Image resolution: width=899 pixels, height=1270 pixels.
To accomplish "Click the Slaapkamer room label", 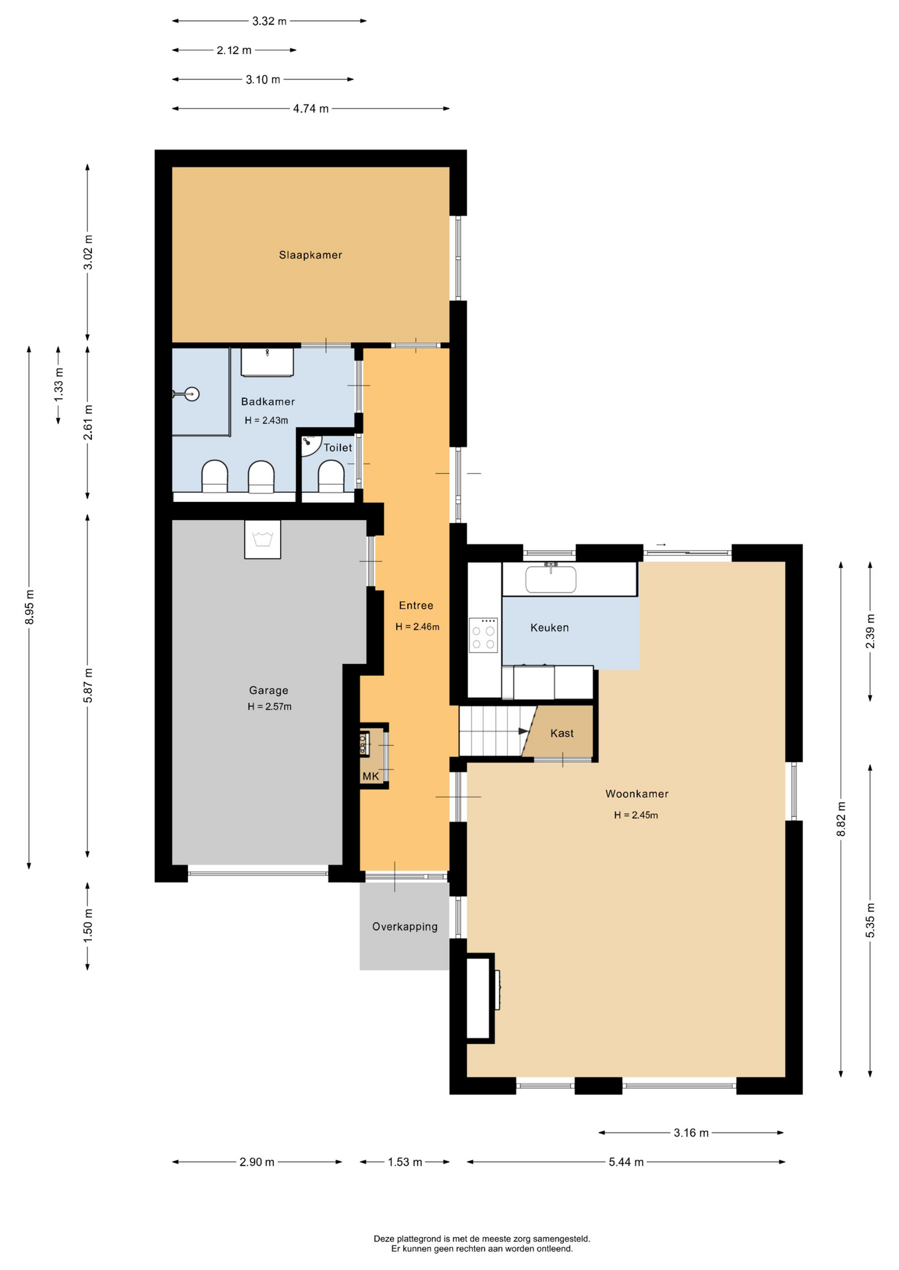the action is [x=310, y=255].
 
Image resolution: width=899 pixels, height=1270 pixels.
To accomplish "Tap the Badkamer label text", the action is [x=267, y=402].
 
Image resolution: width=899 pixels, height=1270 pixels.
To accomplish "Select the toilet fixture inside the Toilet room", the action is [x=331, y=476].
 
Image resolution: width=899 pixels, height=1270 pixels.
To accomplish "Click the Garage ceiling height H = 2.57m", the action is [x=269, y=706].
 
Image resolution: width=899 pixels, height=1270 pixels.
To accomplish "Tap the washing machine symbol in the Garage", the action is [x=263, y=539].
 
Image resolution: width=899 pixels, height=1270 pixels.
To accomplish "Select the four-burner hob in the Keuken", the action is [x=483, y=635].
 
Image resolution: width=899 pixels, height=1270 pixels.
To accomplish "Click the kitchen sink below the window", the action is [x=551, y=579].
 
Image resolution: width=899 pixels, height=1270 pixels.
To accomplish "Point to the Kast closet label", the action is [x=562, y=733].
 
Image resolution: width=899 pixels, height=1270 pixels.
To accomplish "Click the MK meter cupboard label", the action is [x=371, y=776].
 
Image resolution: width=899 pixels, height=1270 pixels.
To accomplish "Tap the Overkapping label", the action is [x=404, y=927].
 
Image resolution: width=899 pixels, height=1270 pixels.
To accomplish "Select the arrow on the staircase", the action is [x=524, y=731].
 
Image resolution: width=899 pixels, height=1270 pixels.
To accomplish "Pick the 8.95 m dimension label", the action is [x=29, y=607].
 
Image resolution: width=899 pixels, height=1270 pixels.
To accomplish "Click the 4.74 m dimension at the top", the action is [x=311, y=108].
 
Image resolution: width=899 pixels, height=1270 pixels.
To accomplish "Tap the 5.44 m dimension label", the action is [x=626, y=1162].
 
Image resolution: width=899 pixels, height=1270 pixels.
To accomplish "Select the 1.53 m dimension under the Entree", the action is [x=405, y=1162].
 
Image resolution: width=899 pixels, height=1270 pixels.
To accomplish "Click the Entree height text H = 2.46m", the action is [x=417, y=626].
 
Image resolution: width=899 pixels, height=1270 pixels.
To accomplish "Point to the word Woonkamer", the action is [x=637, y=794].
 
